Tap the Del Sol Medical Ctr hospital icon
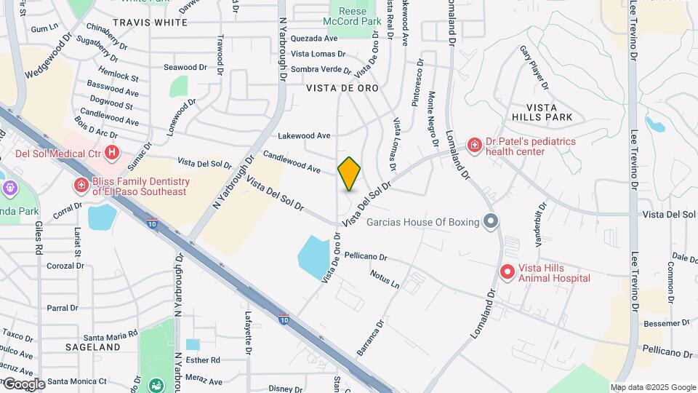(x=111, y=153)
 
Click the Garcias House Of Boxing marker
(x=491, y=221)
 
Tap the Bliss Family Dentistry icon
(x=80, y=186)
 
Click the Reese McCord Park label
(x=356, y=16)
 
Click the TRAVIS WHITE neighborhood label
(x=151, y=23)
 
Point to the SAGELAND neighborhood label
(x=92, y=347)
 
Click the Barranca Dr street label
(x=369, y=338)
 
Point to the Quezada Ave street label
(x=314, y=38)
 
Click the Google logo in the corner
(x=23, y=384)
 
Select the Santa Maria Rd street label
(x=111, y=336)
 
